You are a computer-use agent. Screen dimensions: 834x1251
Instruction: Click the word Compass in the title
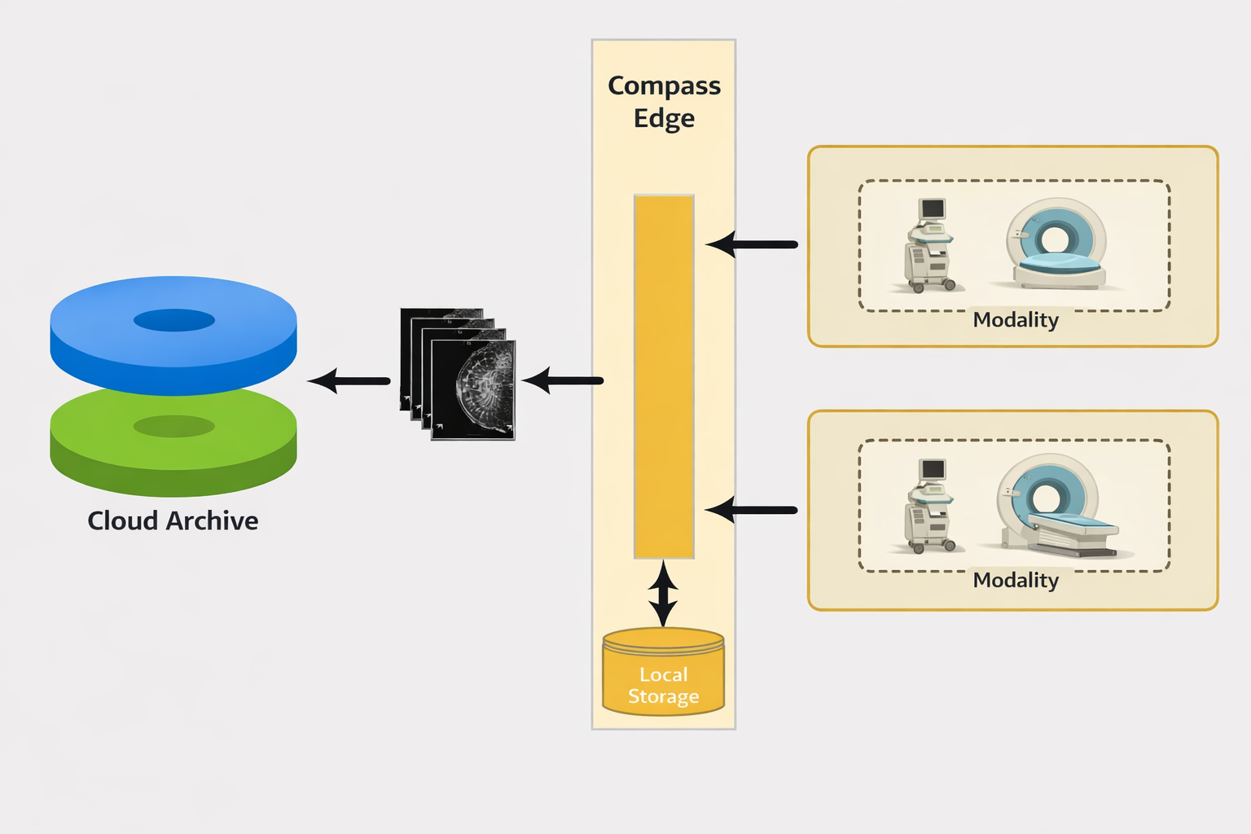click(664, 86)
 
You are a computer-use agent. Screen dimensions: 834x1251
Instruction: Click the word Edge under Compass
click(664, 118)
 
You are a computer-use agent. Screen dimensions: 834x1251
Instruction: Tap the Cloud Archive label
click(173, 520)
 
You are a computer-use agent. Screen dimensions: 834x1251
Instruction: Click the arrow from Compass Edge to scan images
click(562, 380)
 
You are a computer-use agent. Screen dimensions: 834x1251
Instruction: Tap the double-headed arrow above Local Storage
click(663, 593)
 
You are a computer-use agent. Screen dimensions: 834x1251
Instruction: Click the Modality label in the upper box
click(1016, 319)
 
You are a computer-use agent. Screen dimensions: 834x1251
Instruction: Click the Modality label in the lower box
click(1016, 580)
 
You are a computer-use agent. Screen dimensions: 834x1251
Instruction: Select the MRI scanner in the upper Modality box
click(1056, 244)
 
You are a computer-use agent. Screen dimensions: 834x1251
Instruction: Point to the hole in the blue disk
click(173, 320)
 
